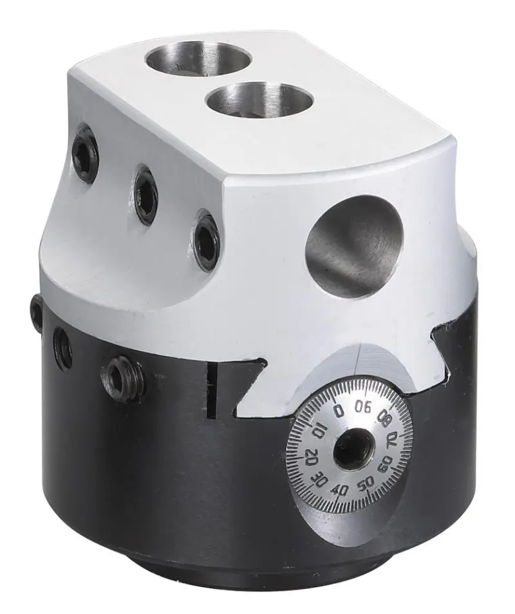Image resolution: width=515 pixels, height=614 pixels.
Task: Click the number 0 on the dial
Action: click(339, 410)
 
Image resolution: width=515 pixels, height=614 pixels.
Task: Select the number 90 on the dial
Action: click(364, 406)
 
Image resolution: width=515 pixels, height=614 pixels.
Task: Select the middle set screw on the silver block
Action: click(146, 195)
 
